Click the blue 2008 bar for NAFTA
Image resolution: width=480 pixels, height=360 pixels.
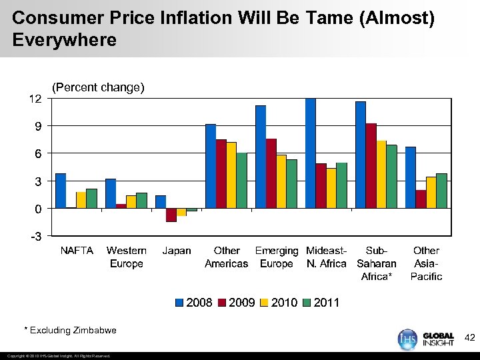61,191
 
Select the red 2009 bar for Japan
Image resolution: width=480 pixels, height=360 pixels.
171,215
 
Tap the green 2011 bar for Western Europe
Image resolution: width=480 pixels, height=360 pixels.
141,201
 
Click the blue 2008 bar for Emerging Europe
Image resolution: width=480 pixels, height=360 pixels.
261,157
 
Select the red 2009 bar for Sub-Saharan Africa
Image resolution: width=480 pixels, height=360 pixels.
371,166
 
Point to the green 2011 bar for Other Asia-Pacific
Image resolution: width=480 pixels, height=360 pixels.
441,191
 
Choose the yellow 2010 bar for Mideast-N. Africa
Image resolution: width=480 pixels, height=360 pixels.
331,189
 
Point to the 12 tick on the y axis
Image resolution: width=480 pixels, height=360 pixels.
35,99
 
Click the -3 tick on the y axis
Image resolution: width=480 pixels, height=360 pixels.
35,237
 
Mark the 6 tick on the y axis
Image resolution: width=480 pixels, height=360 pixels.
39,154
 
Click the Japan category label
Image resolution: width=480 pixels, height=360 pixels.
177,251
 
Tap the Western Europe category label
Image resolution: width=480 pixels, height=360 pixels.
127,257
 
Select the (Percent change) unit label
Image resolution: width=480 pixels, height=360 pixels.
98,87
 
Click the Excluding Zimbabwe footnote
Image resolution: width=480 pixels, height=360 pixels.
70,330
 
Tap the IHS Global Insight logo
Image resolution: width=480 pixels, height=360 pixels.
426,338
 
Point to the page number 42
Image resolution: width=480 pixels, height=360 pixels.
469,338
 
